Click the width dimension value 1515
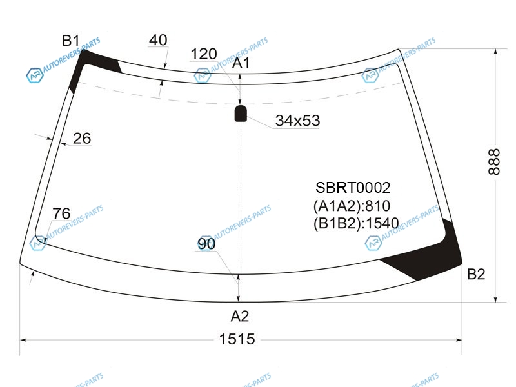[237, 339]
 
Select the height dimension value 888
[493, 161]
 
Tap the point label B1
[70, 41]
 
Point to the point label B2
[475, 275]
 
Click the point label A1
[241, 63]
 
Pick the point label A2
[239, 316]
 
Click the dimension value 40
[158, 40]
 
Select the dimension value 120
[204, 54]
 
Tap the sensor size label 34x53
[297, 121]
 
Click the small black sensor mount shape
[241, 114]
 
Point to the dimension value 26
[82, 138]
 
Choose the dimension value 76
[61, 213]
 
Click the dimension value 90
[206, 244]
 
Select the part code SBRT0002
[353, 188]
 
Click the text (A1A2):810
[352, 206]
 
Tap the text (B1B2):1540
[355, 224]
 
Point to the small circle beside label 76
[40, 241]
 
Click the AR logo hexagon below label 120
[203, 76]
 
